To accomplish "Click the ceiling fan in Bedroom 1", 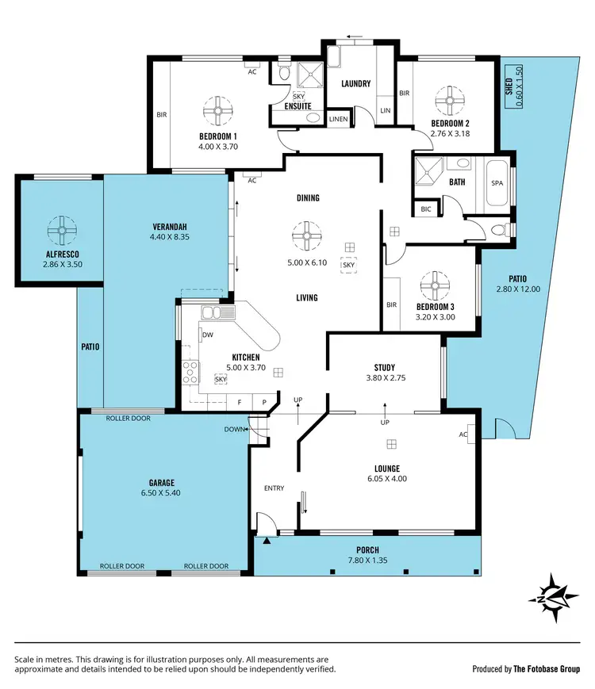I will [x=218, y=111].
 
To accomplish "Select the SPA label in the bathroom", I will [x=497, y=183].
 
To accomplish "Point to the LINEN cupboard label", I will [x=339, y=119].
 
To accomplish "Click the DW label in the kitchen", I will [x=207, y=335].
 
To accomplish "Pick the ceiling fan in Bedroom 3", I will [x=435, y=285].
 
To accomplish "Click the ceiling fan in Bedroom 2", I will [x=449, y=101].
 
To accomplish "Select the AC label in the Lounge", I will [x=463, y=434].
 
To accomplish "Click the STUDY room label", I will [x=385, y=367].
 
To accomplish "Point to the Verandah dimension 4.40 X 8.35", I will [x=169, y=236].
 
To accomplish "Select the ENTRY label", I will [x=274, y=488].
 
